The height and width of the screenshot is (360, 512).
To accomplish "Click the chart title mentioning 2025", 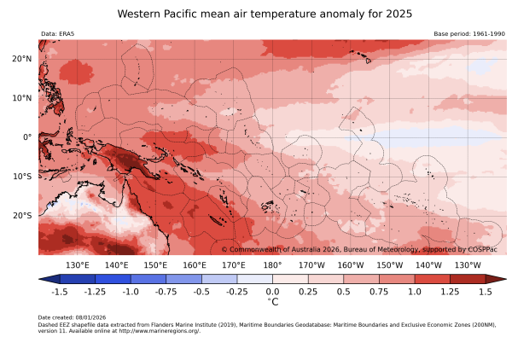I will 265,15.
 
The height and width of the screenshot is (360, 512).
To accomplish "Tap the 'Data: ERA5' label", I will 58,34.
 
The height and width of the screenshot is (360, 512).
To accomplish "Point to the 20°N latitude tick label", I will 22,58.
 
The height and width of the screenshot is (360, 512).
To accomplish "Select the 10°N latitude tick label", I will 22,97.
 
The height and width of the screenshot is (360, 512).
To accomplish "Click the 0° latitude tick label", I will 26,136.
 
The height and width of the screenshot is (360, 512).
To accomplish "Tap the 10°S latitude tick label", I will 22,176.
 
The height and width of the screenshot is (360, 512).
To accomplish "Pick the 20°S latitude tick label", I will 22,215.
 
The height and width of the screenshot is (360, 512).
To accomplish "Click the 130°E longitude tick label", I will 78,265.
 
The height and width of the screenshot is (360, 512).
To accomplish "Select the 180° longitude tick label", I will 272,265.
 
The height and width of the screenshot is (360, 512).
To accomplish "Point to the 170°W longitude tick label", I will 311,265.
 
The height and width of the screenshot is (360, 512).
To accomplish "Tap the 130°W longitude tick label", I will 467,265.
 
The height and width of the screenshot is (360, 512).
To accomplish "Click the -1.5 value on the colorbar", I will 60,291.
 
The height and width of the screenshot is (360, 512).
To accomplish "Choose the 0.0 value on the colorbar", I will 273,291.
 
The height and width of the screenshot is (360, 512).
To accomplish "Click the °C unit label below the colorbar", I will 273,301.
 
